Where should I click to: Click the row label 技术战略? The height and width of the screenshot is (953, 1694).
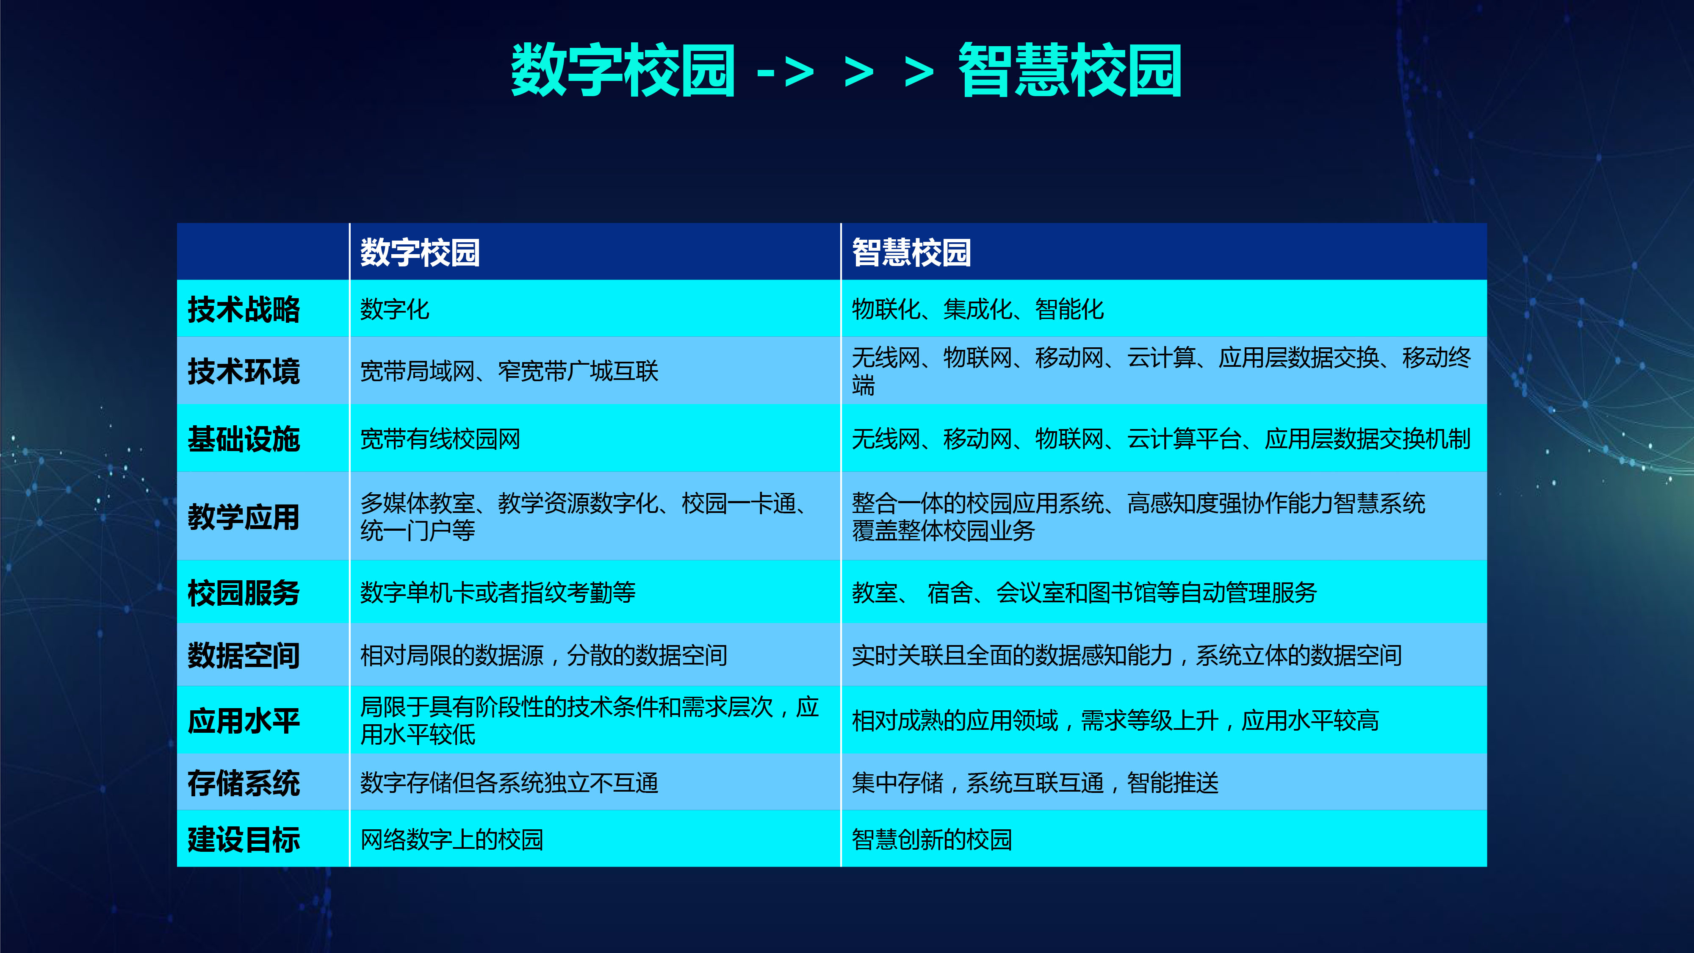point(244,309)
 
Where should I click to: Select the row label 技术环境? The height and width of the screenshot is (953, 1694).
point(244,371)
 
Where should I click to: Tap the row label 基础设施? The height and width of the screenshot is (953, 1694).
point(244,439)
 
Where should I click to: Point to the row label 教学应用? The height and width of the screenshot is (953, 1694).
point(244,516)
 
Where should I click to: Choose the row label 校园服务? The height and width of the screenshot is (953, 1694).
point(244,593)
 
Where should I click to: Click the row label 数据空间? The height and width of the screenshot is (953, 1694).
point(244,655)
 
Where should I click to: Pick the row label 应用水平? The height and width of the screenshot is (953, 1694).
point(244,720)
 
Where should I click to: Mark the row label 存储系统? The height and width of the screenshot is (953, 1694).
point(244,783)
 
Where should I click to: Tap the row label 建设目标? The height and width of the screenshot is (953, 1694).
point(244,839)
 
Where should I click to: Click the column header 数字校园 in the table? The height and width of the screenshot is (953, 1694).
point(420,252)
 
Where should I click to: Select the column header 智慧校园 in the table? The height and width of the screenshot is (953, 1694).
point(911,252)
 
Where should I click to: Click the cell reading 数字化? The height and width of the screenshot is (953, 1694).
point(395,309)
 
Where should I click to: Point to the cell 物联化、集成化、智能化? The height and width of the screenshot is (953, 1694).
point(978,309)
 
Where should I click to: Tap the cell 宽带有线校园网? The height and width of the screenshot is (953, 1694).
point(440,439)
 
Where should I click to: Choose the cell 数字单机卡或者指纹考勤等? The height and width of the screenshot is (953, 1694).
point(498,593)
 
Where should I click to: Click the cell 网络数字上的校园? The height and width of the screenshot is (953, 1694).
point(452,839)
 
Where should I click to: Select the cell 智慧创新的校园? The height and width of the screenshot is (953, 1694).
point(932,839)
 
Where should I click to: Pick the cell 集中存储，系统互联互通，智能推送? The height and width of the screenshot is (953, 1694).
point(1035,783)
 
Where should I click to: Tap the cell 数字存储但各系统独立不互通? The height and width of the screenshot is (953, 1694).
point(509,783)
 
